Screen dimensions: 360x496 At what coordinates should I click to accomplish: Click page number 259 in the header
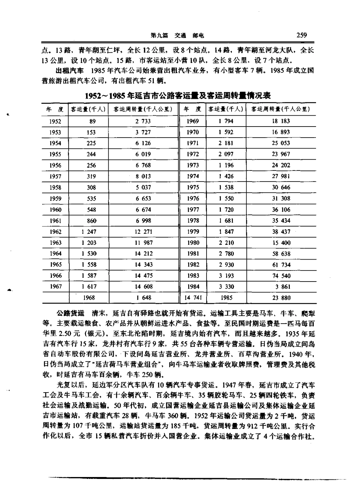tap(302, 35)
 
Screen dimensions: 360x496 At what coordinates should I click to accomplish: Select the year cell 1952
tap(55, 121)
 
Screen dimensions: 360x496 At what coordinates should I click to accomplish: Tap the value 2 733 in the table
tap(143, 121)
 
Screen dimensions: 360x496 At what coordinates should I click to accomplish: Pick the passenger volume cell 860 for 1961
tap(91, 221)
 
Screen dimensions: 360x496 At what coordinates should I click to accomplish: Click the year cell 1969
tap(193, 121)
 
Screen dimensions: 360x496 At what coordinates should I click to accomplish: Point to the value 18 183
tap(281, 121)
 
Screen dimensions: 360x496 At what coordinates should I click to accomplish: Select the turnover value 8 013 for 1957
tap(143, 176)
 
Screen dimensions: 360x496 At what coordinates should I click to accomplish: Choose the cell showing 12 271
tap(143, 232)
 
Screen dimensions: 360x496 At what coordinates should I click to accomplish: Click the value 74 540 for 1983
tap(281, 276)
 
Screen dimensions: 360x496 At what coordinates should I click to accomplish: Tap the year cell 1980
tap(193, 243)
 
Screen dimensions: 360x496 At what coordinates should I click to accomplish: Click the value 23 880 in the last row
tap(281, 298)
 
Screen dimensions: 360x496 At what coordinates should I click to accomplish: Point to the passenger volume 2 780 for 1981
tap(226, 253)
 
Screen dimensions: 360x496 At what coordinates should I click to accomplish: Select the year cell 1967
tap(55, 287)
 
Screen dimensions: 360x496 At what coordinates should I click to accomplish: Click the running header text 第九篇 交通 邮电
tap(177, 36)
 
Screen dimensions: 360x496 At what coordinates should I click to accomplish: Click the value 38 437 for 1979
tap(281, 232)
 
